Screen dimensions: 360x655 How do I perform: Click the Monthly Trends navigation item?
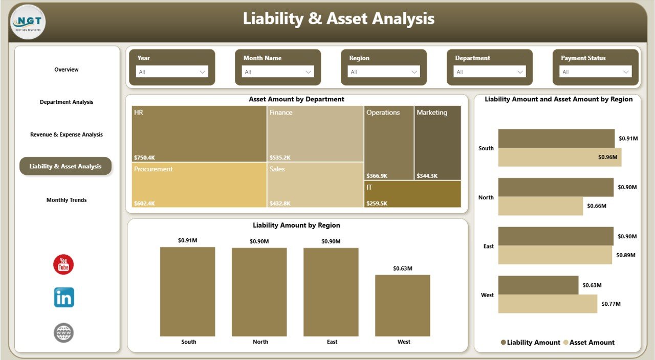(x=67, y=200)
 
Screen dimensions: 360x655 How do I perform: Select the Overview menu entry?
(x=67, y=70)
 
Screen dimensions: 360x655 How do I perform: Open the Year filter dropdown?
(x=171, y=72)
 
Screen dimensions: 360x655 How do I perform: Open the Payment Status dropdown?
(x=595, y=72)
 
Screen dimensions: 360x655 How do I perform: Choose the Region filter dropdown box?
(x=383, y=72)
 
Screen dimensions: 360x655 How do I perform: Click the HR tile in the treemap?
(x=199, y=133)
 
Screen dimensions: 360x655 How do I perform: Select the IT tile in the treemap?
(x=412, y=194)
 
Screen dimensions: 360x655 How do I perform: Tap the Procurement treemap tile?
(x=199, y=185)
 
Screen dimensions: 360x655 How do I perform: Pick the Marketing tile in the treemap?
(x=438, y=143)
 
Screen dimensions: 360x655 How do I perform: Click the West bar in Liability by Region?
(x=403, y=305)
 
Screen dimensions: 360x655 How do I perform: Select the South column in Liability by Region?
(x=187, y=291)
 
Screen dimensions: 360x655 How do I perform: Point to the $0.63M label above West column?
(x=403, y=268)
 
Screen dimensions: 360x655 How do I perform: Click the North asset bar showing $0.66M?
(x=540, y=206)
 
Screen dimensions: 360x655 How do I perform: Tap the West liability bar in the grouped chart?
(x=538, y=285)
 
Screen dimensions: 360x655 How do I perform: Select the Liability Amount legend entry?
(x=533, y=343)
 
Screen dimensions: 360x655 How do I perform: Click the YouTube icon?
(x=64, y=264)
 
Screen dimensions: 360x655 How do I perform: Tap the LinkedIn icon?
(x=64, y=297)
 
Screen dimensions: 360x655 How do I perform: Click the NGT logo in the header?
(x=28, y=21)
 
